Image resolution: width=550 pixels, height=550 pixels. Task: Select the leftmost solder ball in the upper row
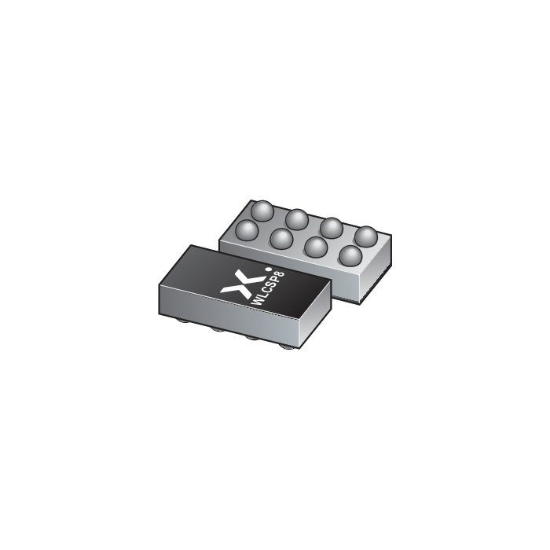(262, 210)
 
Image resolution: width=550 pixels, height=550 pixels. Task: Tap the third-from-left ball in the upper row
(332, 227)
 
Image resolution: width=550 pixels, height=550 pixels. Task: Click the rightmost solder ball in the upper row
(365, 236)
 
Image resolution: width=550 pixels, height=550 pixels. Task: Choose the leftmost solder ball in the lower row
(246, 229)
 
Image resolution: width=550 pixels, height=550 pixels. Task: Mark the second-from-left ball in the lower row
(280, 237)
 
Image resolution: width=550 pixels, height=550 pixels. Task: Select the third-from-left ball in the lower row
(315, 247)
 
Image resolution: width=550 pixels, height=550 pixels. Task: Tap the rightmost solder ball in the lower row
(350, 256)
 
